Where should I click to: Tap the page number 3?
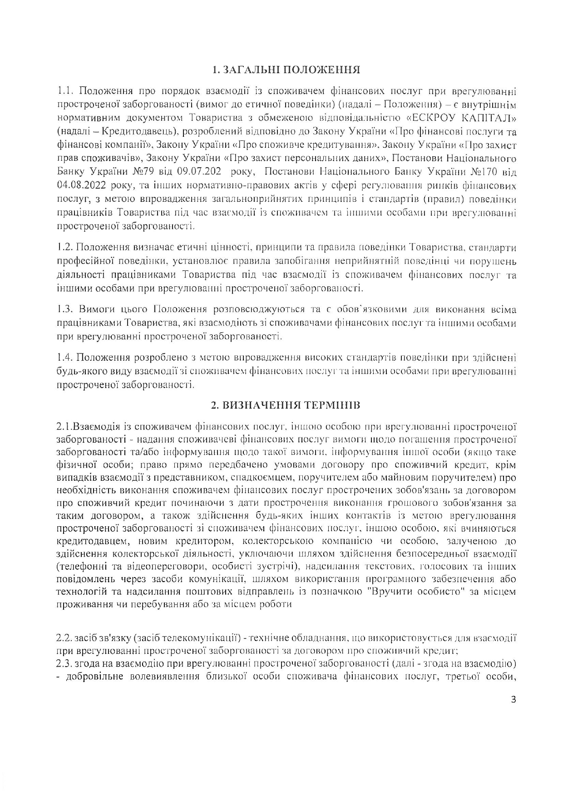coord(514,699)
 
